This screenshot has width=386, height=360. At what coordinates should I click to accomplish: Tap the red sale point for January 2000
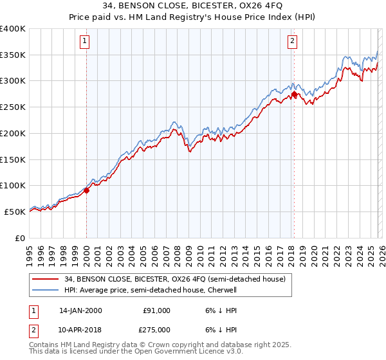tap(86, 190)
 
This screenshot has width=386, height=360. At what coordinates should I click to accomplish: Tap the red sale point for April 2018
tap(294, 94)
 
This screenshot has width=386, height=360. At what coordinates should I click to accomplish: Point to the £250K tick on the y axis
tap(12, 107)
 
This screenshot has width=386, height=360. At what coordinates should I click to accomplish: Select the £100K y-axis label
tap(12, 185)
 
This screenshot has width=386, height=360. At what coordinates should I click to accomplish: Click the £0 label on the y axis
tap(20, 238)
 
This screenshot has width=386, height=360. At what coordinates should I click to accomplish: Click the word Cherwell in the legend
tap(222, 290)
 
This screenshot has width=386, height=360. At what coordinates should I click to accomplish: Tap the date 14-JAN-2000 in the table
tap(80, 310)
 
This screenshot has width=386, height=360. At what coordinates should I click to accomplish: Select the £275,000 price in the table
tap(156, 330)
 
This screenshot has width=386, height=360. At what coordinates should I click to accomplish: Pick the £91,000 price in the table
tap(156, 310)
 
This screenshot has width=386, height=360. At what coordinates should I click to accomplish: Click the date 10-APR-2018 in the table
tap(80, 330)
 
